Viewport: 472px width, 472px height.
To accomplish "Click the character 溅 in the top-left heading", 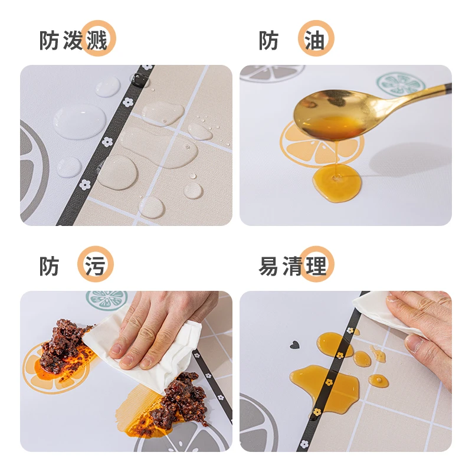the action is click(97, 40).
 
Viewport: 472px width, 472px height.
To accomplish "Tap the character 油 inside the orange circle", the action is click(315, 40).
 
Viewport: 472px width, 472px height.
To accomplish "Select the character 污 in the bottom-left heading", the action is click(95, 266).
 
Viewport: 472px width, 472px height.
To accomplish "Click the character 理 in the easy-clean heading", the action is click(316, 266).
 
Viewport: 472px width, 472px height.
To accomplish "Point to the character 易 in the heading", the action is click(268, 266).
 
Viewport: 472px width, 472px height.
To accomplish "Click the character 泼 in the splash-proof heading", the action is click(73, 40).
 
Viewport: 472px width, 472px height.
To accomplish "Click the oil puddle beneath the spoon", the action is click(336, 183).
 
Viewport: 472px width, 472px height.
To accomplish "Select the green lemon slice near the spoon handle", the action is click(401, 83).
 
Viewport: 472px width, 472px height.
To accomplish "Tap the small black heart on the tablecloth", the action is click(294, 345).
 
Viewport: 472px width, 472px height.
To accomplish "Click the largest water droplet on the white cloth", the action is click(80, 122).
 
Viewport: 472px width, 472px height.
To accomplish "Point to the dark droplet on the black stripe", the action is click(140, 80).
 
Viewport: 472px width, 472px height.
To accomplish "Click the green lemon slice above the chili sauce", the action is click(106, 300).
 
